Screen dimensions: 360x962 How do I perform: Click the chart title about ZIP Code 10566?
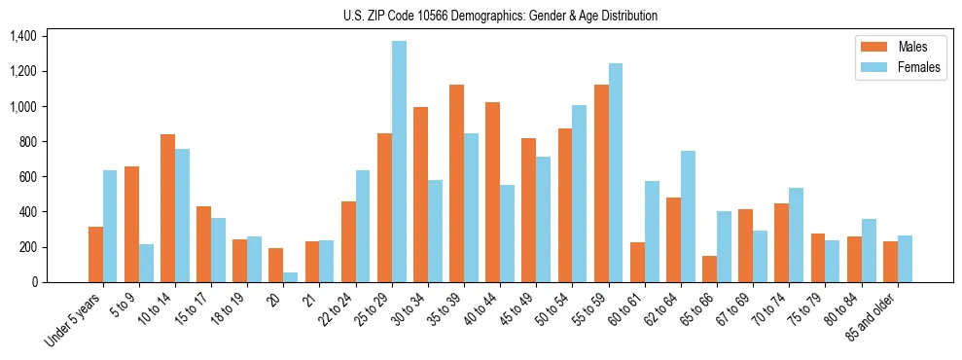click(500, 16)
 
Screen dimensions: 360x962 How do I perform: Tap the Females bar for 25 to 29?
click(399, 162)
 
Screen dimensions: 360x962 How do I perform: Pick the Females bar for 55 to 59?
click(615, 173)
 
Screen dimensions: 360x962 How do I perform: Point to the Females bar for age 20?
click(291, 277)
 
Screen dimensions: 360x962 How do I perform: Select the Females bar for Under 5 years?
click(110, 227)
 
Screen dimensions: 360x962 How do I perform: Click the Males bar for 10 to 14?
click(167, 208)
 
